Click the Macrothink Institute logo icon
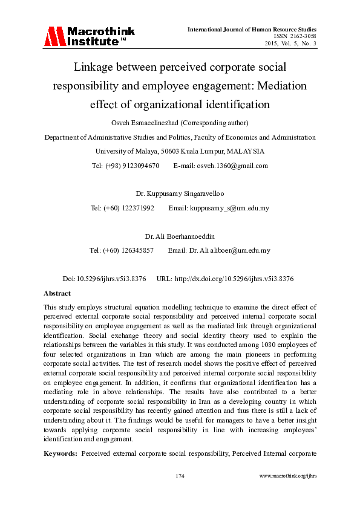click(54, 36)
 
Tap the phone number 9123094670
click(142, 165)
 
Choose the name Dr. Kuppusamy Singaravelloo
click(180, 194)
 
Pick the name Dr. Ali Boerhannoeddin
click(180, 236)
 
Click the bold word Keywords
click(61, 452)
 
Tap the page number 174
click(180, 476)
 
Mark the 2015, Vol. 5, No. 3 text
click(290, 44)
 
